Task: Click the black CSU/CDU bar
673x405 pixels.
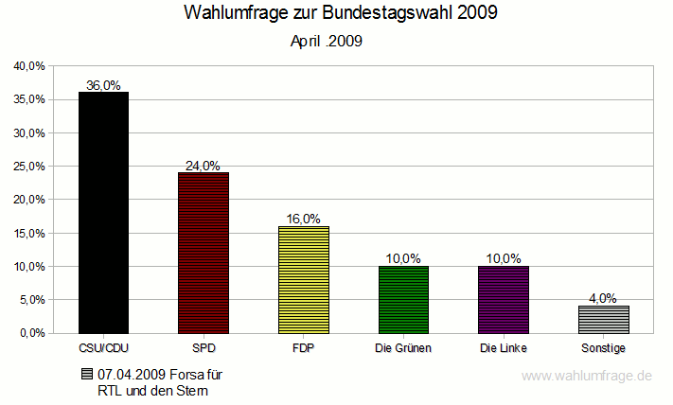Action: (x=103, y=212)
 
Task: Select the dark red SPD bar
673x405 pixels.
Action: (x=204, y=253)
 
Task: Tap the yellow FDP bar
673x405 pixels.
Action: (x=304, y=279)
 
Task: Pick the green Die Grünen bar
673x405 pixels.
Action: (x=404, y=299)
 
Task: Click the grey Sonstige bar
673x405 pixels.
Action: (x=604, y=319)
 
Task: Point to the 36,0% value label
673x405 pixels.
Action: (x=103, y=85)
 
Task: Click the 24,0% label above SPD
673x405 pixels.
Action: (x=204, y=166)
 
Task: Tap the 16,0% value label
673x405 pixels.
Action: (x=304, y=219)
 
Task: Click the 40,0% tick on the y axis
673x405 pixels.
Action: (x=29, y=66)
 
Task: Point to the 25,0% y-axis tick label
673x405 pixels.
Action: (x=29, y=167)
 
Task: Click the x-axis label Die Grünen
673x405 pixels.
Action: (x=404, y=349)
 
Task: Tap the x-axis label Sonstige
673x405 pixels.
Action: (x=604, y=349)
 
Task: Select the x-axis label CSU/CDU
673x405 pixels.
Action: (x=103, y=349)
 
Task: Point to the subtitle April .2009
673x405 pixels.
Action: (x=327, y=42)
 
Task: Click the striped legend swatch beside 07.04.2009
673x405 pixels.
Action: (x=87, y=375)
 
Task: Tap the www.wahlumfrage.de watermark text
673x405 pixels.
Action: (x=587, y=376)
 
